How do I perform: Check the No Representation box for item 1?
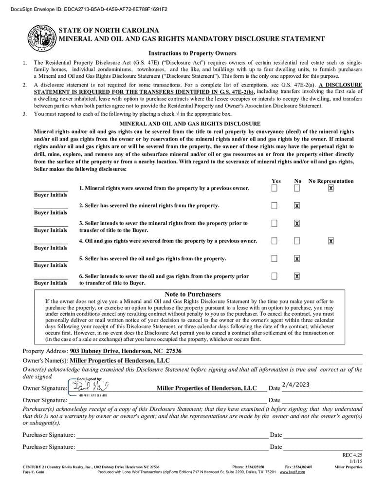[x=331, y=188]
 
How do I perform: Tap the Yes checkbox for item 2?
[x=275, y=206]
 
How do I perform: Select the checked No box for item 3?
[x=297, y=223]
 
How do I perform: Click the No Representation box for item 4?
[x=331, y=241]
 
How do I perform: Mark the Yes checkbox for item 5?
[x=275, y=258]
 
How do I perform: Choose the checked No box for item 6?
[x=297, y=276]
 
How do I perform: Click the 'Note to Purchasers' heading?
[x=192, y=294]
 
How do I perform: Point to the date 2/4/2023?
[x=295, y=385]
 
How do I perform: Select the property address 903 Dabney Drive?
[x=126, y=351]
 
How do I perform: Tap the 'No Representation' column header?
[x=331, y=181]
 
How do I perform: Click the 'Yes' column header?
[x=276, y=181]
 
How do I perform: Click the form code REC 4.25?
[x=353, y=455]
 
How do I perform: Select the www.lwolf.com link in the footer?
[x=292, y=472]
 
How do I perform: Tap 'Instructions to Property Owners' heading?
[x=192, y=53]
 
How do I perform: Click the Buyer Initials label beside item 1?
[x=51, y=195]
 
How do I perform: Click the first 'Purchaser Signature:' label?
[x=49, y=435]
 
